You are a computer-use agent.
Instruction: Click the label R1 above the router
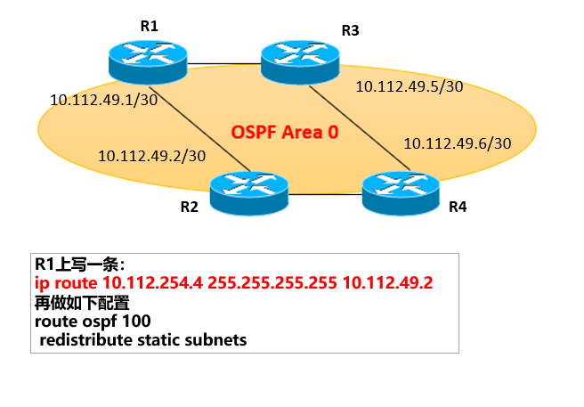(150, 26)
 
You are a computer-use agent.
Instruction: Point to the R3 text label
(350, 31)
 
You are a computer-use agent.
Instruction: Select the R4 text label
(458, 208)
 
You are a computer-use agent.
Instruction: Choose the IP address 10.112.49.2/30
(152, 155)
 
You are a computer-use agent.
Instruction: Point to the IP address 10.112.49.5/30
(410, 86)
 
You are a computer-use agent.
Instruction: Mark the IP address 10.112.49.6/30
(458, 142)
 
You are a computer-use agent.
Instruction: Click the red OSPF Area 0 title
(285, 133)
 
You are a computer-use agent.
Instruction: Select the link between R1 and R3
(225, 63)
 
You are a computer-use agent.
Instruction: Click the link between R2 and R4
(326, 191)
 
